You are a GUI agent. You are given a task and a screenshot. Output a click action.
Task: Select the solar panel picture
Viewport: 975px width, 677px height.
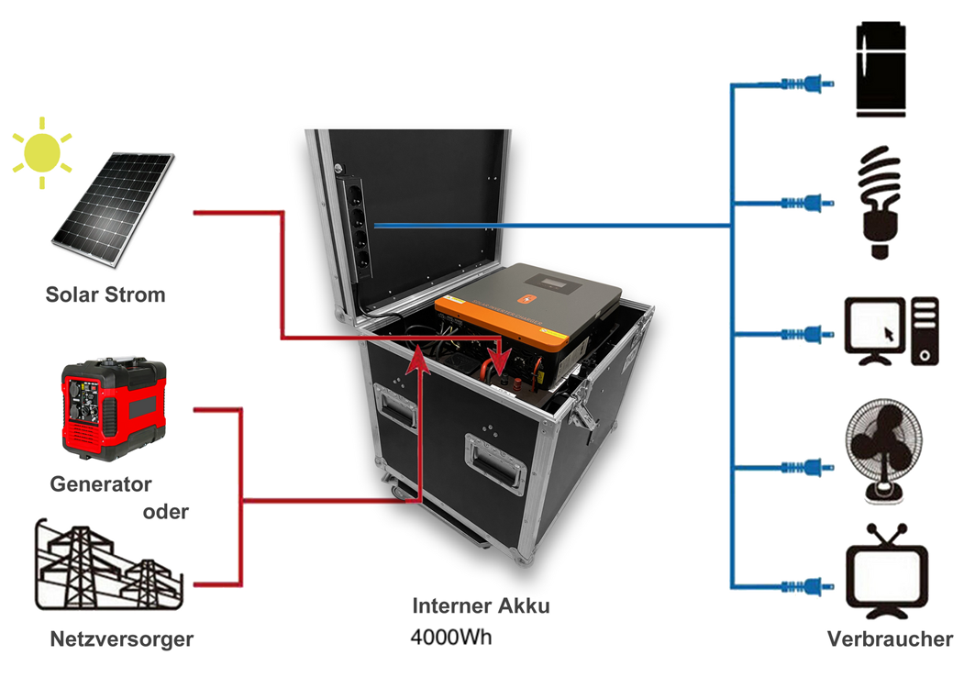point(112,210)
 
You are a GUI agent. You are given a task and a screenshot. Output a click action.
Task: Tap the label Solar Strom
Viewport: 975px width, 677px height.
point(105,295)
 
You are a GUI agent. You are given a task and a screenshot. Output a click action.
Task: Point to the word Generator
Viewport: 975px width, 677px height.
point(101,483)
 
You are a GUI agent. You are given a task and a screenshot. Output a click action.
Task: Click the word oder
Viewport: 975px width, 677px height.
point(165,512)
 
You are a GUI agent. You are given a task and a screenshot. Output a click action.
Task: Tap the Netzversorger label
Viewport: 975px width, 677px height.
point(122,638)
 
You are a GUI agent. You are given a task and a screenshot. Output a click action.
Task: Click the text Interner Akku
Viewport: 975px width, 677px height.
point(481,606)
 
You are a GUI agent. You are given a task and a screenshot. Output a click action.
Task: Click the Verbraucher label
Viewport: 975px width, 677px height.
point(890,638)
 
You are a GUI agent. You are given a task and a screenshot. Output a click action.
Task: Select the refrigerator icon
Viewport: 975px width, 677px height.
point(881,71)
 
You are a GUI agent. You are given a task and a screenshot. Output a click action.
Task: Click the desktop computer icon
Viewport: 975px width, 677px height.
point(891,331)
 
